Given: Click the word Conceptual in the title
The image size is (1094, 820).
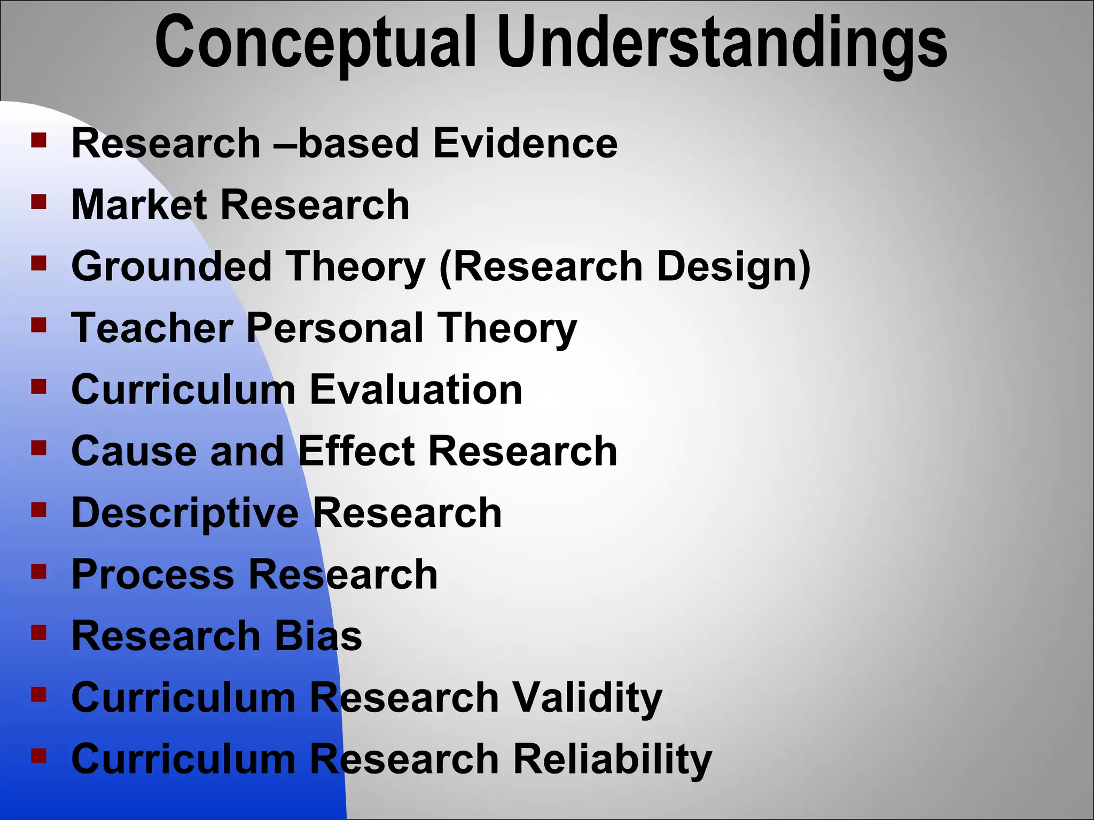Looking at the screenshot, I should point(315,43).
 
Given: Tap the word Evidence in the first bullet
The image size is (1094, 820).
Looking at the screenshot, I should point(526,144).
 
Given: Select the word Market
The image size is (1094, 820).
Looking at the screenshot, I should point(139,205).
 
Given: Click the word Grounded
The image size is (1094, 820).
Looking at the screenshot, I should point(171,266).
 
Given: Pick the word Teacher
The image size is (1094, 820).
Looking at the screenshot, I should point(152,328).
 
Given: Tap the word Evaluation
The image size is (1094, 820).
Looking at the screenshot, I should point(416,390).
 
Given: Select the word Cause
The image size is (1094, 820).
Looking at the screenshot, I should point(134,451).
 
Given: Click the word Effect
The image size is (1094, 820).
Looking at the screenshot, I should point(356,451).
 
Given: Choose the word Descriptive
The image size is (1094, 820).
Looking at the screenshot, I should point(185,513).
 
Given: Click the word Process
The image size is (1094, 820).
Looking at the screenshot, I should point(153,574).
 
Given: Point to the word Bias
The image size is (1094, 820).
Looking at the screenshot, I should point(318,636).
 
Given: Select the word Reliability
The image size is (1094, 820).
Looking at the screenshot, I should point(612,759).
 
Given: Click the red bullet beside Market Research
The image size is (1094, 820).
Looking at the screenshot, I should point(39,201).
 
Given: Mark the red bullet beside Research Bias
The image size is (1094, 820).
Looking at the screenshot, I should point(39,632).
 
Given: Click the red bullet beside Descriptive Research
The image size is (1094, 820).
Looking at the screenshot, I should point(39,509).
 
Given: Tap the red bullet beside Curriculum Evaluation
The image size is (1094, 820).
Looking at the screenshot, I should point(39,386).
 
